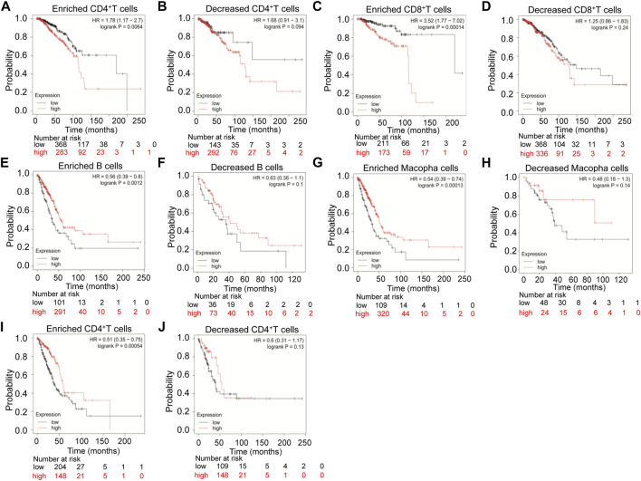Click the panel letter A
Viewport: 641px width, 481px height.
[6, 6]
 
